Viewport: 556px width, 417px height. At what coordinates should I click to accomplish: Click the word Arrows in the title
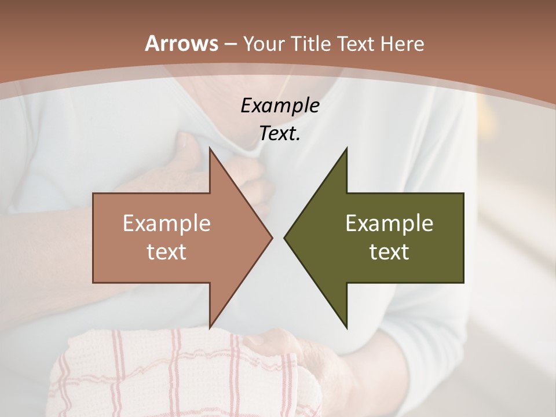(181, 43)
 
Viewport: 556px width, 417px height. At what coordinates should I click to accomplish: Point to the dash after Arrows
(230, 45)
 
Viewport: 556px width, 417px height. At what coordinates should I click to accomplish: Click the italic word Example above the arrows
(280, 105)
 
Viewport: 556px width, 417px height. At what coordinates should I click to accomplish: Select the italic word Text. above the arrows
(280, 133)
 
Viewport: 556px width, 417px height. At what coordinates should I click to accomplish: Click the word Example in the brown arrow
(166, 223)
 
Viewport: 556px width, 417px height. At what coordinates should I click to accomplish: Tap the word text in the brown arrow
(166, 251)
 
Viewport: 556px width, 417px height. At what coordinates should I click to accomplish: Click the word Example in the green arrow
(389, 223)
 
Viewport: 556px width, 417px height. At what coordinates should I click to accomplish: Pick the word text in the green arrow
(389, 251)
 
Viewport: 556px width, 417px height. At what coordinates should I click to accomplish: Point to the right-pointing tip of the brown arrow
(272, 237)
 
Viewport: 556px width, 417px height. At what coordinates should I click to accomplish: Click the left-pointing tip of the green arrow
(284, 237)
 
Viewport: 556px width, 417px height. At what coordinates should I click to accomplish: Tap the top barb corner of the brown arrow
(210, 148)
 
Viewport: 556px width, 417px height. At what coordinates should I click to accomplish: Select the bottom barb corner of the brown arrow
(210, 327)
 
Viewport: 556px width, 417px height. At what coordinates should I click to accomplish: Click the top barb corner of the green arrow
(347, 148)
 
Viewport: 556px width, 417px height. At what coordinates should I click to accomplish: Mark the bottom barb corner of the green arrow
(347, 327)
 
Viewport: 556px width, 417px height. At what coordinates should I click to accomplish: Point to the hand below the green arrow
(301, 359)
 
